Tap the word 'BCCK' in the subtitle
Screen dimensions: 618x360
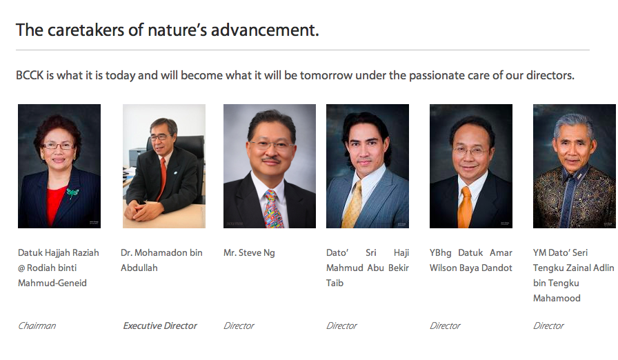pos(30,75)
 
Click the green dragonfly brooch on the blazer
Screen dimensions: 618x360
pos(72,193)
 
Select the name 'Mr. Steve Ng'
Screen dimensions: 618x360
pos(249,253)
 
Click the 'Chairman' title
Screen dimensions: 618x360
pos(37,326)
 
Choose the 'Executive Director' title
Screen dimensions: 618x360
pos(160,326)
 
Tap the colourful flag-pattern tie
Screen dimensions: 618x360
pos(273,209)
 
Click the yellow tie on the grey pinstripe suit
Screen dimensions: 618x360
pos(352,205)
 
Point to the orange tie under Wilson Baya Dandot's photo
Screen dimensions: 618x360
pos(465,208)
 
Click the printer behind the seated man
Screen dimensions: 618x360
pos(138,157)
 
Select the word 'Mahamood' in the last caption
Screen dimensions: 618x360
pos(557,299)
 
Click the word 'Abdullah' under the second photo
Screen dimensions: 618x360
pos(139,268)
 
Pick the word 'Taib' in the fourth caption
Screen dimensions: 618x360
pos(335,283)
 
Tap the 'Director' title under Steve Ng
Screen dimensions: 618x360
pos(239,326)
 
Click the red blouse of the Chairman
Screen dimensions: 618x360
pos(55,206)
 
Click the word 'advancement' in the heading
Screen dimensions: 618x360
pos(264,30)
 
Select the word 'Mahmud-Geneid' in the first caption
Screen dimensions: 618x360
pos(52,283)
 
